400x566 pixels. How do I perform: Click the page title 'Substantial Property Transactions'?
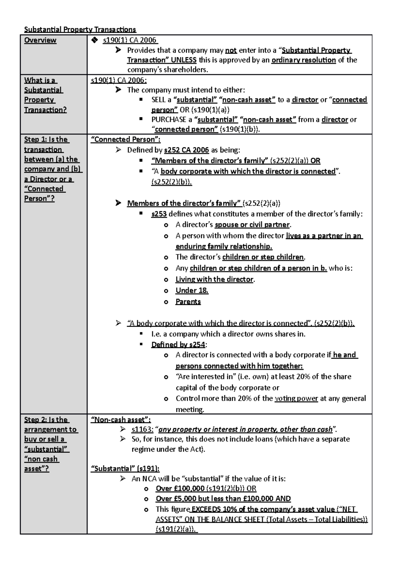tap(80, 30)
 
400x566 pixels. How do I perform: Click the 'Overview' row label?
tap(40, 40)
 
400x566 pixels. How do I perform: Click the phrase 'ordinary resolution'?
tap(303, 60)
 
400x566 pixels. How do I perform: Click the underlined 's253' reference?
tap(159, 214)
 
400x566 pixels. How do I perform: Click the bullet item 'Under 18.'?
tap(192, 290)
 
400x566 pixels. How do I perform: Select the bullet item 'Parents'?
tap(188, 302)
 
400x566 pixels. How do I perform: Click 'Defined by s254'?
tap(178, 345)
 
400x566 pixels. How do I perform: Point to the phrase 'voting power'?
tap(296, 398)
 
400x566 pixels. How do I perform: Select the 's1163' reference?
tap(142, 429)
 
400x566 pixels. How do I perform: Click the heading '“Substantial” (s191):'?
tap(125, 469)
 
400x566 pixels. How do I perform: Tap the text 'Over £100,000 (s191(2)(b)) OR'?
tap(206, 489)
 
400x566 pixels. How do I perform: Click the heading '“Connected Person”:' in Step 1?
tap(125, 139)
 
